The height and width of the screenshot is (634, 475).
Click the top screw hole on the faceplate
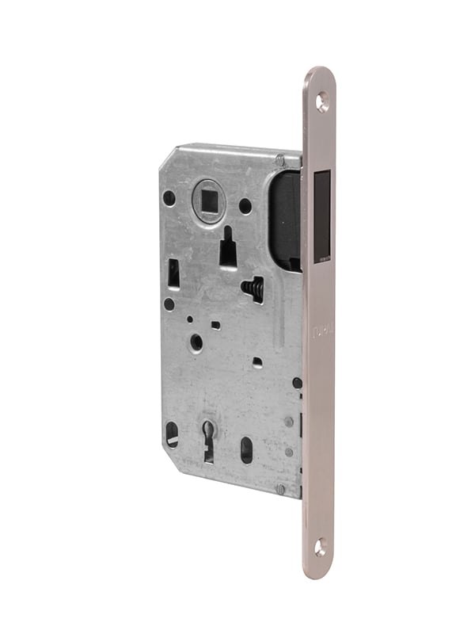(322, 101)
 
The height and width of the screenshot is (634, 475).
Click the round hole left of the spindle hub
(169, 198)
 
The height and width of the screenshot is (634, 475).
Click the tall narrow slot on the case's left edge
(173, 273)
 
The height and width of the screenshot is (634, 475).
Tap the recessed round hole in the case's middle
(196, 342)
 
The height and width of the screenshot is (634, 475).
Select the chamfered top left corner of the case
(169, 155)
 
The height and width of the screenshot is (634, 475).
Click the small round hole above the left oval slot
(169, 304)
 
